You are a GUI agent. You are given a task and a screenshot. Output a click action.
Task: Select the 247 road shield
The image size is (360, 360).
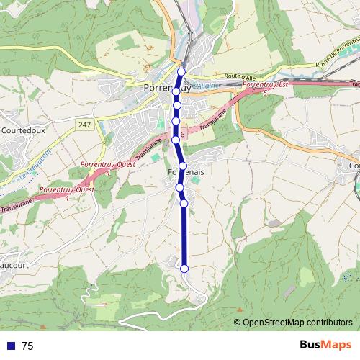tap(85, 125)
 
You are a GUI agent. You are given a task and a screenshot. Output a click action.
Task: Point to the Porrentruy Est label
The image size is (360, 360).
tap(264, 85)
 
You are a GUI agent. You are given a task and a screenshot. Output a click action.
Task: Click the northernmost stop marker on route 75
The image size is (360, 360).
tap(181, 71)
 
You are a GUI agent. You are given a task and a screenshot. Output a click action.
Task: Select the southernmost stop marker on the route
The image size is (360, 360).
tap(184, 269)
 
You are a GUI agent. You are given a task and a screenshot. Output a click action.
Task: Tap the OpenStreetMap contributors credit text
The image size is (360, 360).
tap(297, 323)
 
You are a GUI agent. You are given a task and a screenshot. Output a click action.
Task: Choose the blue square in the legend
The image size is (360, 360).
tap(12, 346)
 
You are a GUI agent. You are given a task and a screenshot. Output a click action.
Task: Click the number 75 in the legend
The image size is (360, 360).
tap(27, 346)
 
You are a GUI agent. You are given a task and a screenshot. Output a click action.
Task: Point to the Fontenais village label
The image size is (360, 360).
tap(186, 174)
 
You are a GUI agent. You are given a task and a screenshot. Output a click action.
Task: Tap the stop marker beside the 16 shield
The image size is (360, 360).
tap(175, 139)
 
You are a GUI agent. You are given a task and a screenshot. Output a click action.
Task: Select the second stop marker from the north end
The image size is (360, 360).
tap(176, 91)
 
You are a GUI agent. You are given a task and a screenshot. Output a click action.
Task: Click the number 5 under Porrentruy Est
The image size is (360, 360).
tap(266, 93)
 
